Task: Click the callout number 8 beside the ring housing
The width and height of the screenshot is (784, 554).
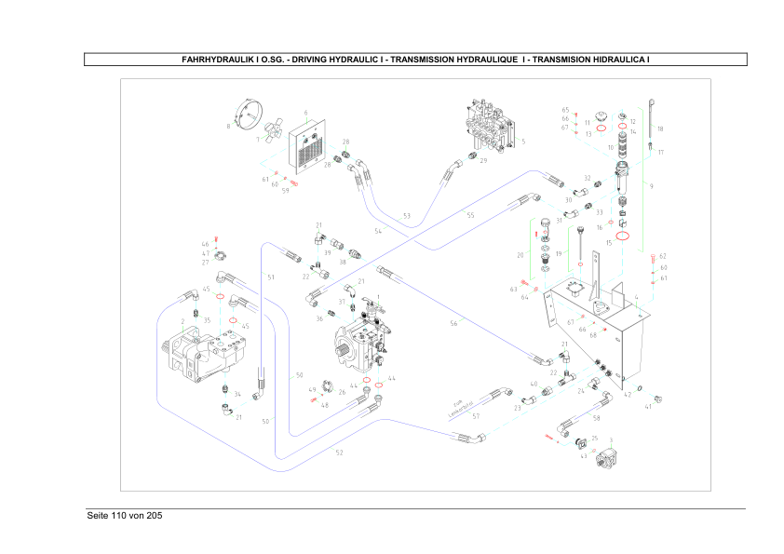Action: (227, 126)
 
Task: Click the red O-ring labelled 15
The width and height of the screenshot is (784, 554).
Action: (622, 236)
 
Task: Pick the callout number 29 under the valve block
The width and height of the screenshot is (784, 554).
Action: (484, 161)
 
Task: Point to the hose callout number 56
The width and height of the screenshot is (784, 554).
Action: (454, 323)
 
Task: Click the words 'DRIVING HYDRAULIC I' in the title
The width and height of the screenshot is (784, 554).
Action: (338, 60)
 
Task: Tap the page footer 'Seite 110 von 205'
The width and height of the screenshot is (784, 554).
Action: (125, 516)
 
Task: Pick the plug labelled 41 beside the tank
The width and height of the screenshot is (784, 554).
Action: (659, 398)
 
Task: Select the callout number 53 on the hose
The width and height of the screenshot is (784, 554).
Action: (407, 216)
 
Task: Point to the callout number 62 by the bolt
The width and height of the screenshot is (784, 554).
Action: (663, 256)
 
